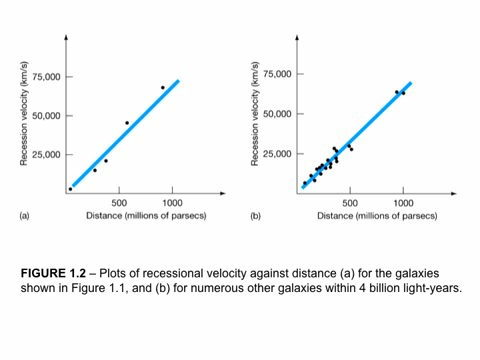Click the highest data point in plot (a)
click(x=163, y=87)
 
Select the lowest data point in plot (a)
click(x=70, y=189)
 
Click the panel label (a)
click(x=25, y=216)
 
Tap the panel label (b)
click(x=255, y=216)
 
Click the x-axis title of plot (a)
click(x=146, y=216)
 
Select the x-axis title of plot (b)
click(x=377, y=216)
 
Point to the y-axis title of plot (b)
click(x=254, y=113)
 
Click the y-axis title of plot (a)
click(x=24, y=113)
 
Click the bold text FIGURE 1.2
click(x=53, y=274)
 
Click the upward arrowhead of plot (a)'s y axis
click(x=65, y=37)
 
